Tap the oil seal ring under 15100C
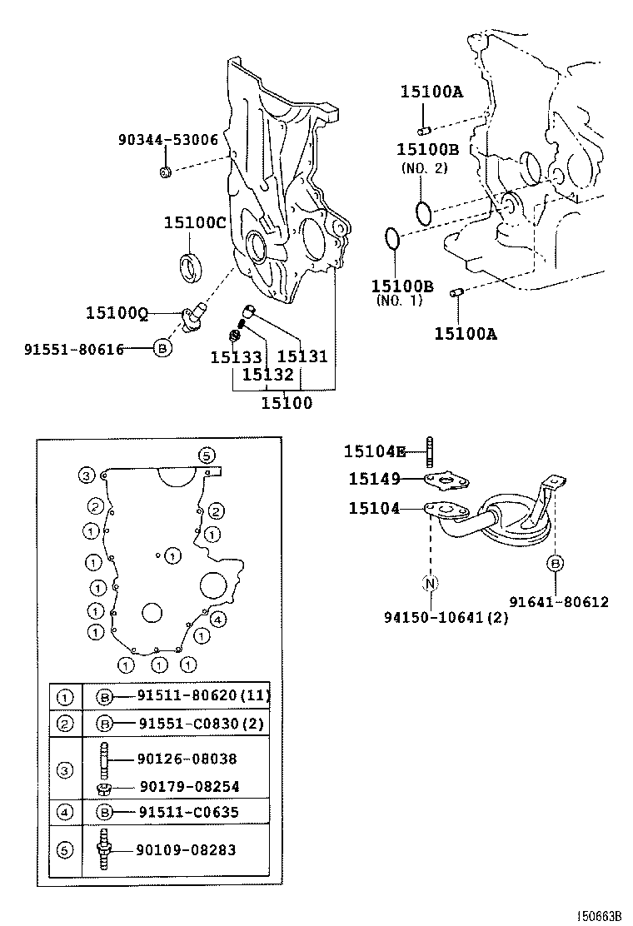192,266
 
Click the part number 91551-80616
73,349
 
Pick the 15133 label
236,357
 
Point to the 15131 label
302,357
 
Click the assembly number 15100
287,403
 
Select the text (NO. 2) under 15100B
424,167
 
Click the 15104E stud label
374,451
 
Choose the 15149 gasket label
374,479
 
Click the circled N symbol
431,583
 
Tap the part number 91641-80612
559,602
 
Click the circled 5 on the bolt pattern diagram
207,455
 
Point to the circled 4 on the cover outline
217,619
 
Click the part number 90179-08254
188,786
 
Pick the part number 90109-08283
187,850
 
